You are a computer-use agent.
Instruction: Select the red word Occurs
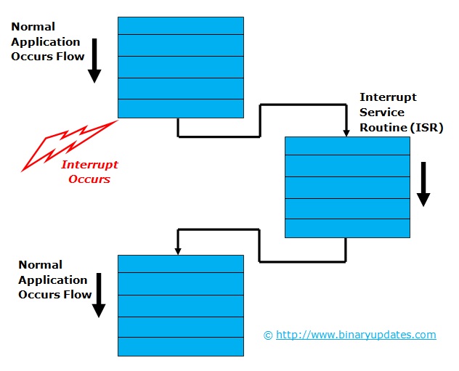89,179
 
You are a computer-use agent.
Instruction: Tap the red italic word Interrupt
89,165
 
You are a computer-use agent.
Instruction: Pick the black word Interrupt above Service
388,97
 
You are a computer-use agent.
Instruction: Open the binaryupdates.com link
356,335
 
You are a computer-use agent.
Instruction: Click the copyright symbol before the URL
268,335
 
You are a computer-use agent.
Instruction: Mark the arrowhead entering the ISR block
346,132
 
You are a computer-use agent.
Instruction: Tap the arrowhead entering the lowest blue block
177,250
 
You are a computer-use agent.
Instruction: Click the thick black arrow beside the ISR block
423,184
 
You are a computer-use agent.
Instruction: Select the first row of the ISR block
347,146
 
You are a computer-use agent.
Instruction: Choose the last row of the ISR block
347,228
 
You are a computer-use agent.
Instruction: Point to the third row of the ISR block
347,187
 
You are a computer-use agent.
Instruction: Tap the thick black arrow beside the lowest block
99,295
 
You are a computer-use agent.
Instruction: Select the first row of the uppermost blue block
181,25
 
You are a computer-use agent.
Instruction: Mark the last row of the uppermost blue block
181,108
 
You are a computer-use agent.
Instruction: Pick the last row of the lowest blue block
181,346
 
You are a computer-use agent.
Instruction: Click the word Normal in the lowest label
41,265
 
